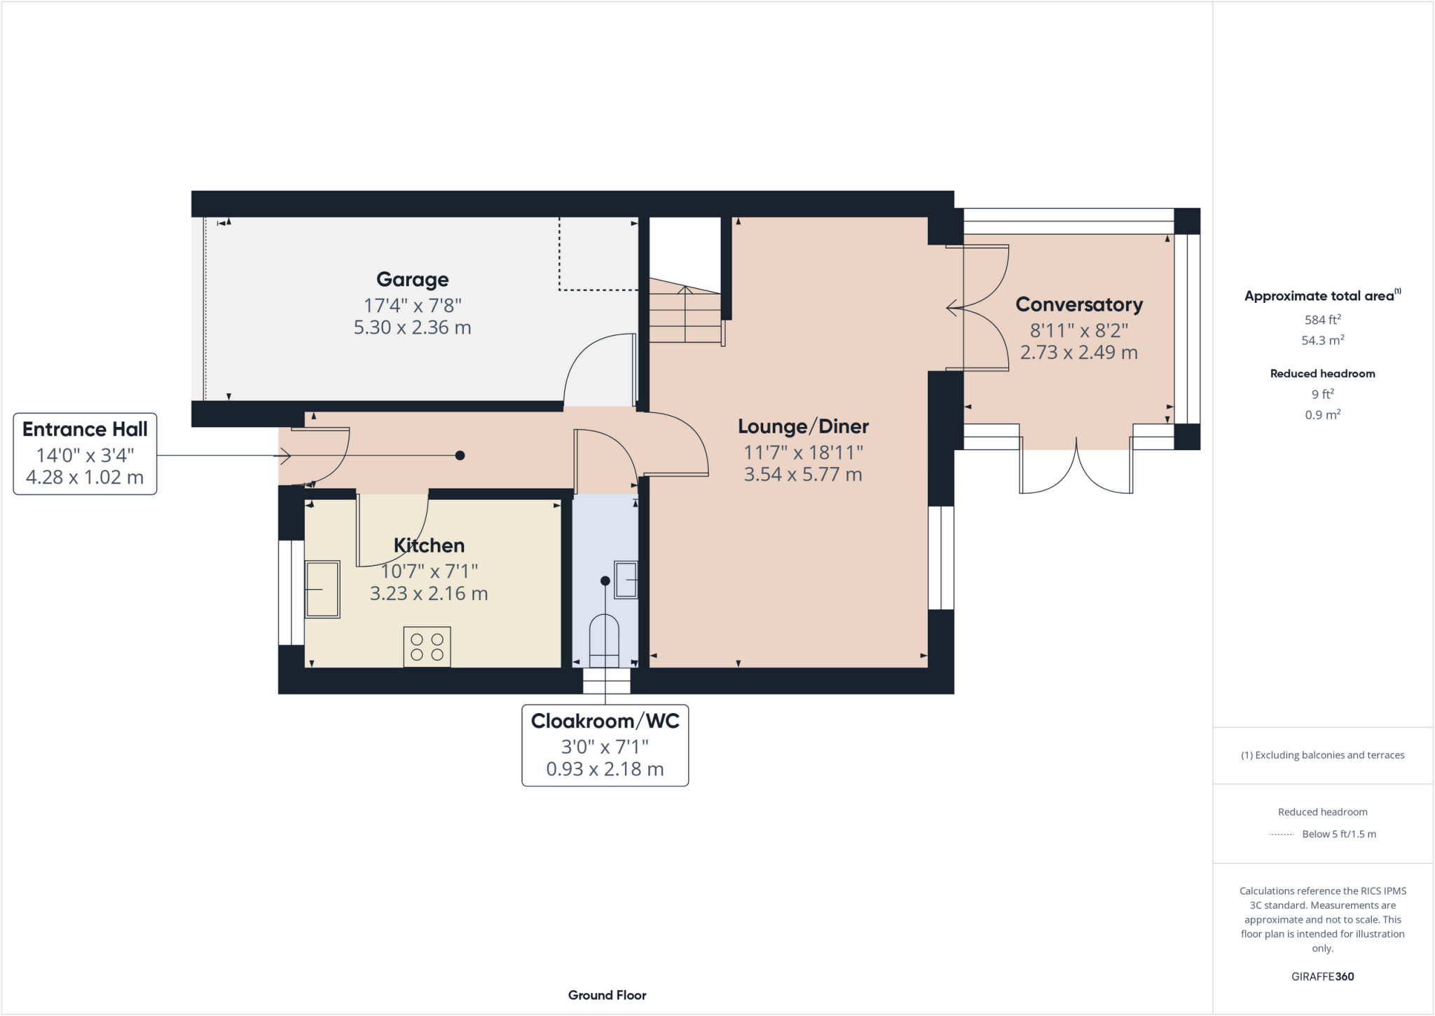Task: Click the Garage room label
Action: [412, 280]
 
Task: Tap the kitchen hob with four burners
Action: [427, 646]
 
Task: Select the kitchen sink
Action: [322, 589]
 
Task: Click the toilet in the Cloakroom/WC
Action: [604, 639]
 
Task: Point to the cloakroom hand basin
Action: [626, 579]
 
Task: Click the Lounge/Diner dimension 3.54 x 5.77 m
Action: [802, 475]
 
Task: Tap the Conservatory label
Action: [1078, 305]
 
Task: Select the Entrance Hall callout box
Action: [85, 454]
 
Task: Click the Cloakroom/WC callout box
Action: [605, 745]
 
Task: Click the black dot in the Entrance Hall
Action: [460, 456]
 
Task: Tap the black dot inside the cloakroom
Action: [605, 581]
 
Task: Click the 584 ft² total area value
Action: [1322, 320]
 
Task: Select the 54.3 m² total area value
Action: [1322, 341]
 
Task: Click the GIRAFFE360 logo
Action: [1322, 977]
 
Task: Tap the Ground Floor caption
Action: [607, 995]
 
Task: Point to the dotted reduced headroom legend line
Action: [1282, 834]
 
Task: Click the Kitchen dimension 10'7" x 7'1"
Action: [429, 571]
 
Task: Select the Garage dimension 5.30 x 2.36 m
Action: [412, 327]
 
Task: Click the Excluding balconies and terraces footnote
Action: [1322, 755]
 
